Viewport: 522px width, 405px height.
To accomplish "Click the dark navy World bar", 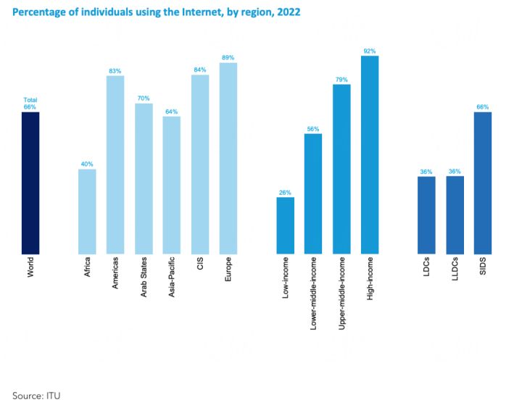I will [x=30, y=183].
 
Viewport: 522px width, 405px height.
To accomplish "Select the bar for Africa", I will [x=87, y=212].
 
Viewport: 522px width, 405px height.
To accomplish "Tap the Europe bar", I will [x=228, y=158].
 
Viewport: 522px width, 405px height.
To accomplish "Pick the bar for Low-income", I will [x=286, y=225].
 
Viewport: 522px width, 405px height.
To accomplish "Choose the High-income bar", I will [x=370, y=155].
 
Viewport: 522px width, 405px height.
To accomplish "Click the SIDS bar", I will [x=483, y=183].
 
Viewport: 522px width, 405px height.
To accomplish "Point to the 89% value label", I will [x=228, y=57].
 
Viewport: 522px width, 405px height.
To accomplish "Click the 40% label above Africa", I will [x=87, y=164].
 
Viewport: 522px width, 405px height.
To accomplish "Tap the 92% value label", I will [x=370, y=50].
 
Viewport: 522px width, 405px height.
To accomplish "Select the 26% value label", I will [x=286, y=192].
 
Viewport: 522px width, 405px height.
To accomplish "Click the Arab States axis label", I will [x=144, y=279].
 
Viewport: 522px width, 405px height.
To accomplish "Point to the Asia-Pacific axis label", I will [x=172, y=281].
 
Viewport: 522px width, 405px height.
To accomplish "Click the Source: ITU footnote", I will [x=35, y=395].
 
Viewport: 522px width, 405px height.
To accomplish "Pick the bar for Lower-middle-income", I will [x=313, y=193].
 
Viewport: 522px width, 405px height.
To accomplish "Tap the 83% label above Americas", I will [x=115, y=70].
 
